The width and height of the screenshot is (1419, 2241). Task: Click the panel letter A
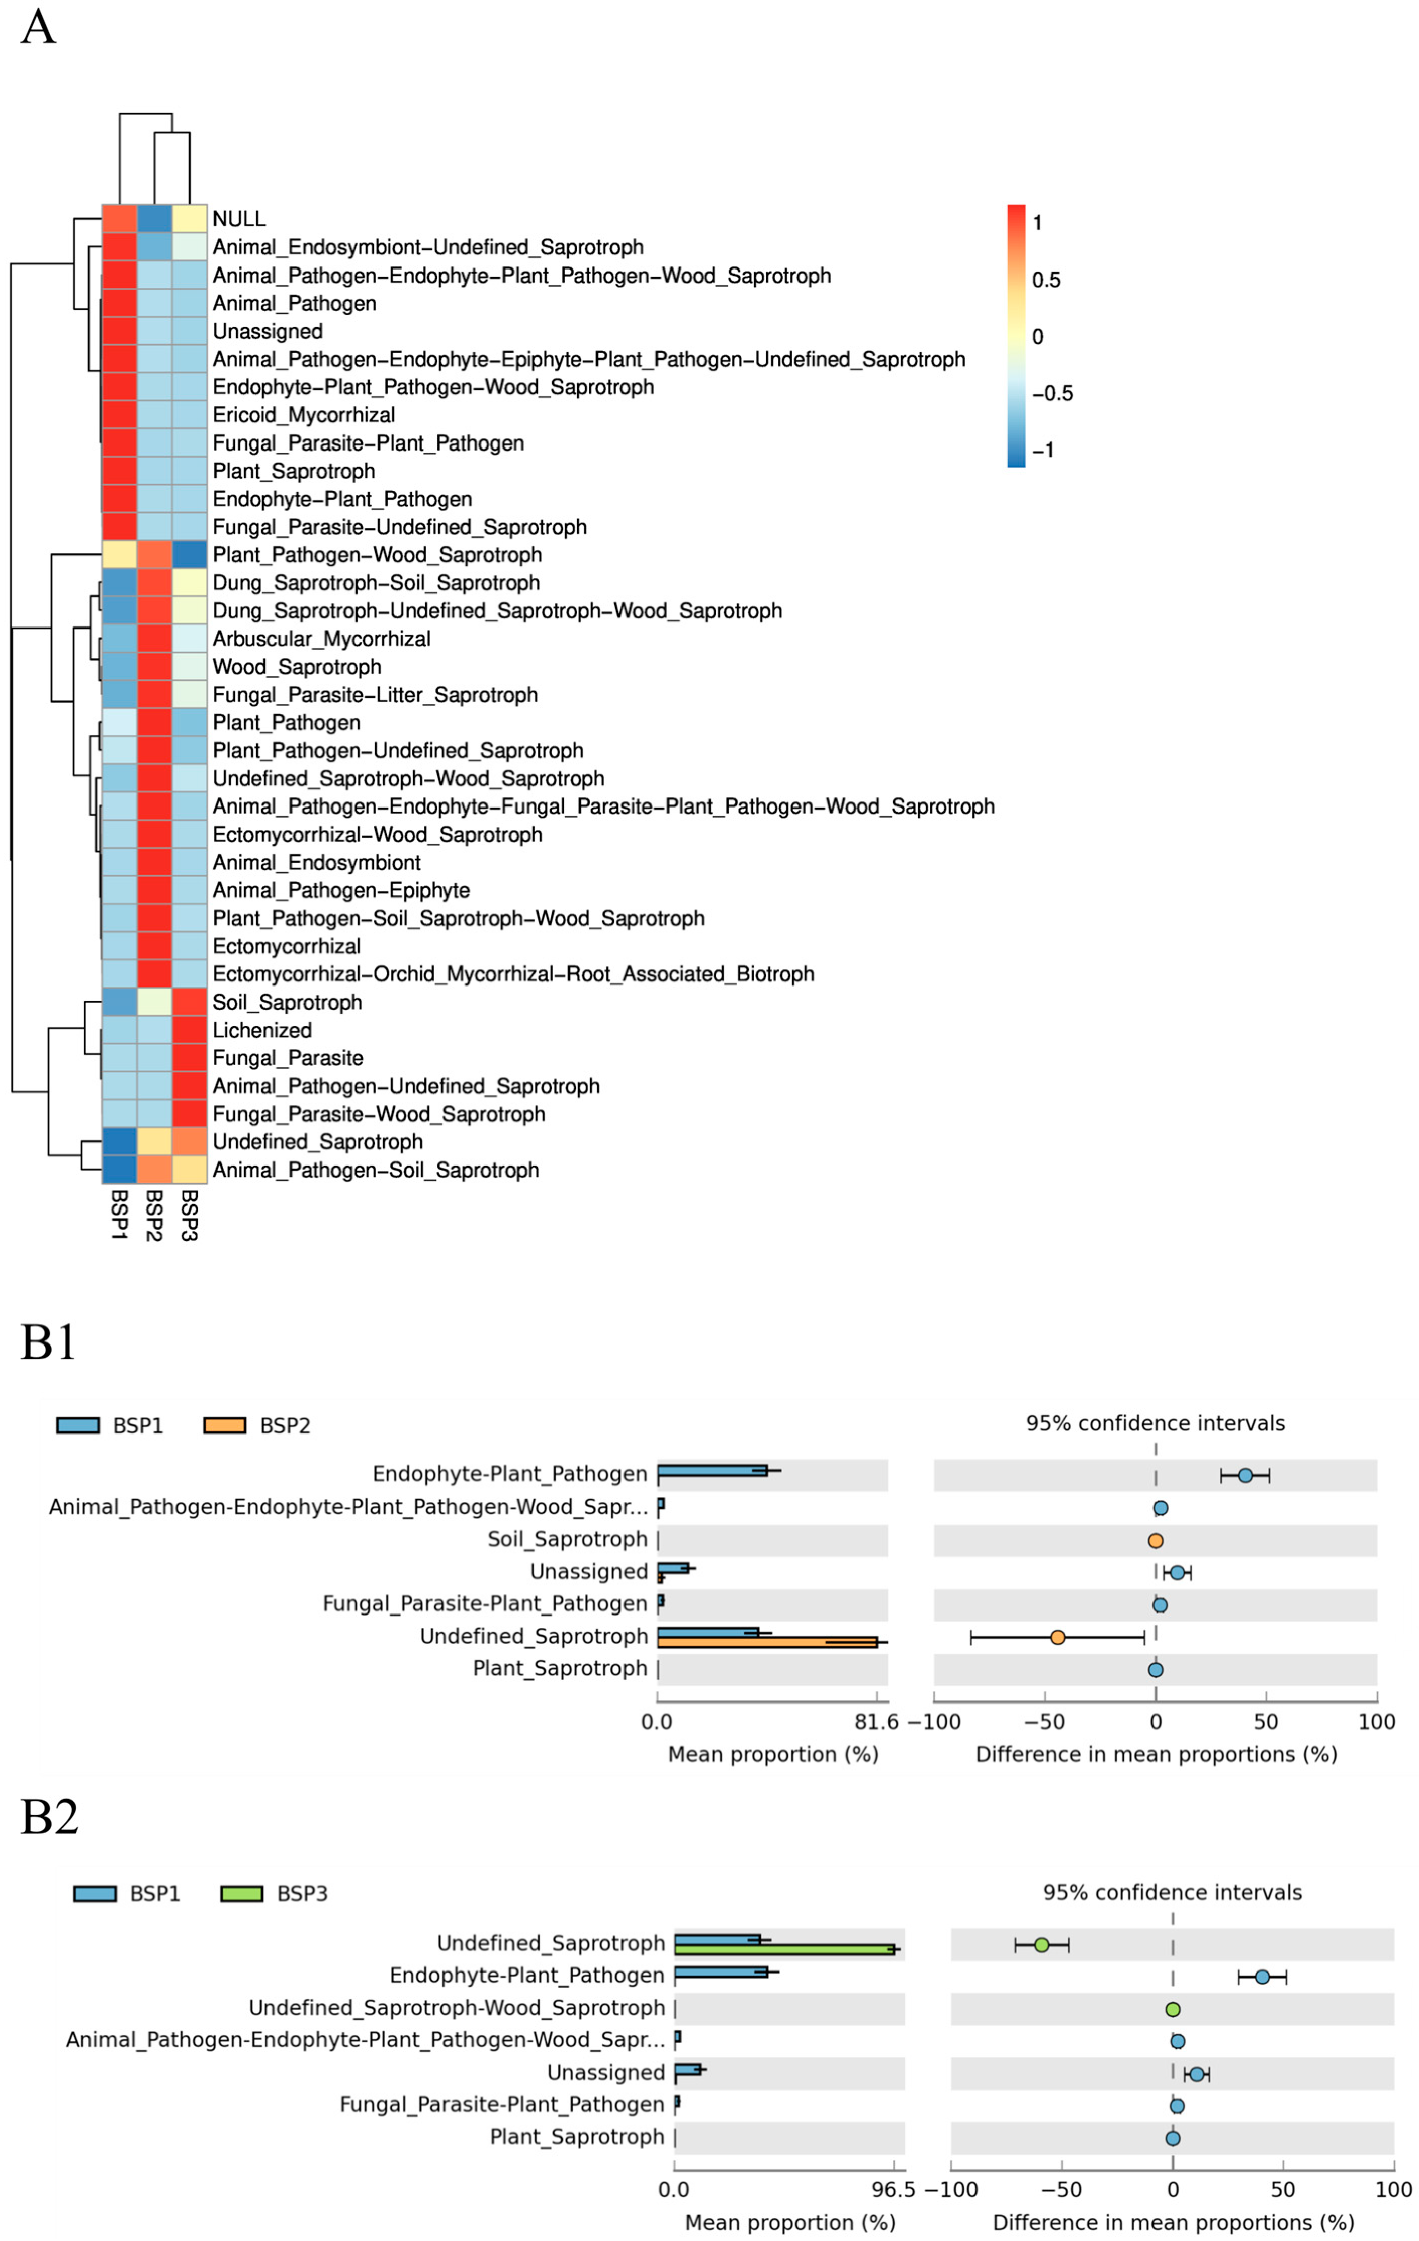[x=37, y=28]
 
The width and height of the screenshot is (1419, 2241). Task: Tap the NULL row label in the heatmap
[x=239, y=219]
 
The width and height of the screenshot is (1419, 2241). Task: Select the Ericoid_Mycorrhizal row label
[x=303, y=415]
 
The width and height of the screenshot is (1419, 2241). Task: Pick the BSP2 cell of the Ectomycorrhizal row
[x=154, y=946]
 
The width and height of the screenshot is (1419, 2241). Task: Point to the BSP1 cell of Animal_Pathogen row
[x=119, y=303]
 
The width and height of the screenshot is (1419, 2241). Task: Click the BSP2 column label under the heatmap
[x=154, y=1214]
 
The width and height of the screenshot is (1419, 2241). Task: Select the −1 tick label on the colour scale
[x=1043, y=451]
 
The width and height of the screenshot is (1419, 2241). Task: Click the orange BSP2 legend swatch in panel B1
[x=224, y=1426]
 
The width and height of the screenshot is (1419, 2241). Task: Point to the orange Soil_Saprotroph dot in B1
[x=1155, y=1540]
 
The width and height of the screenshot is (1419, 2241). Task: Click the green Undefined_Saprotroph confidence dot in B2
[x=1041, y=1945]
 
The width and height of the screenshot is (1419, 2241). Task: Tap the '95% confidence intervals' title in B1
[x=1155, y=1423]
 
